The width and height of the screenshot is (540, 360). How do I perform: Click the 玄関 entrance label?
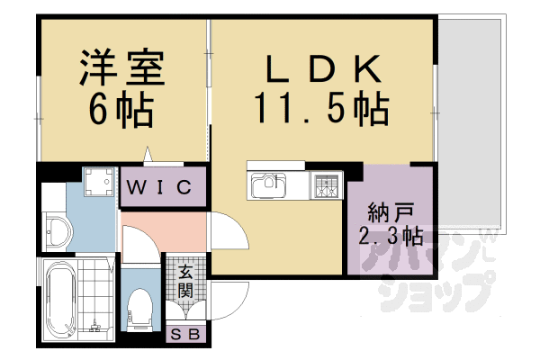point(185,280)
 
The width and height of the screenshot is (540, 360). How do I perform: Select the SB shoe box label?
point(187,335)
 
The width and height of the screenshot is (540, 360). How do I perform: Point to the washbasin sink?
point(57,231)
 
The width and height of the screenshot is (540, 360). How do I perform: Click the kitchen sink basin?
point(268,188)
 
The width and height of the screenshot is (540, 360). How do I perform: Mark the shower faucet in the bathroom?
point(94,320)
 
